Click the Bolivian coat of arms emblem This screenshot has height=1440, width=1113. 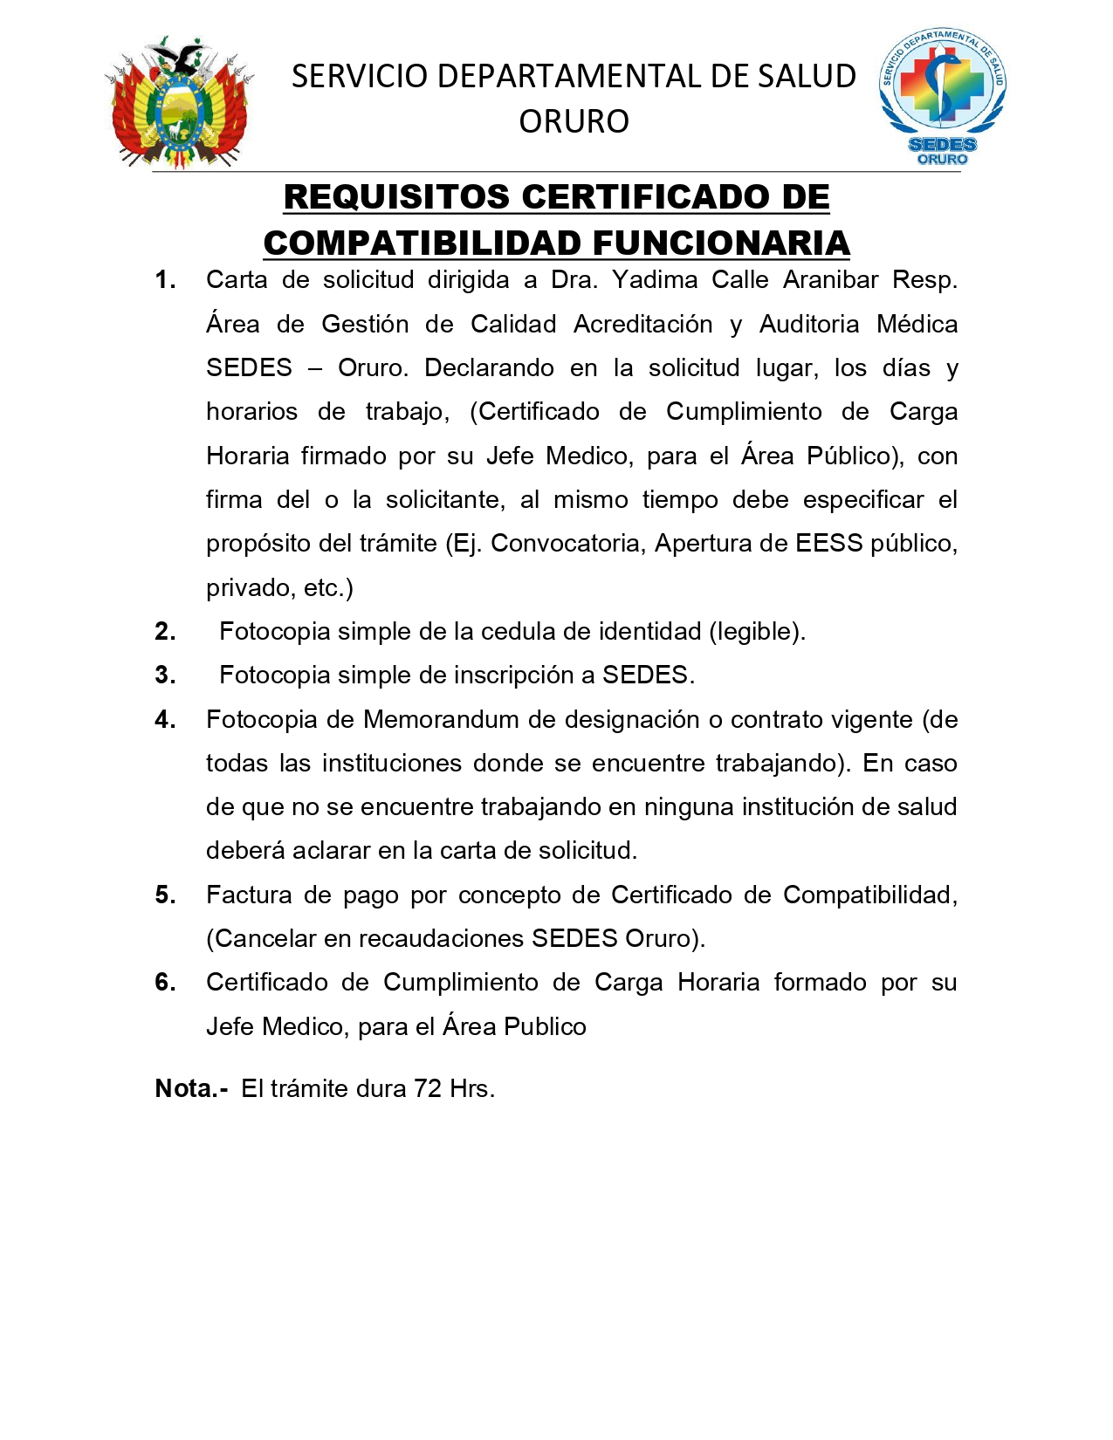[x=179, y=103]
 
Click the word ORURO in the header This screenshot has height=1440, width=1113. [x=574, y=121]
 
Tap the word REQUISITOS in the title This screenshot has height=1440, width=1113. [x=396, y=197]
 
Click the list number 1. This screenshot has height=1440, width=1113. [x=165, y=280]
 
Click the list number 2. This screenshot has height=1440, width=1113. [x=165, y=631]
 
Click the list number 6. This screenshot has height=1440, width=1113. [x=165, y=983]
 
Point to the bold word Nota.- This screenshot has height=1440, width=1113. [x=191, y=1088]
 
